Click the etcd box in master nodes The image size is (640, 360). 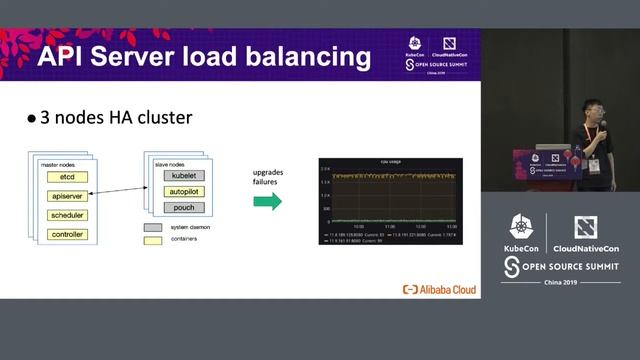click(67, 177)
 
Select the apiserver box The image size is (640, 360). click(67, 196)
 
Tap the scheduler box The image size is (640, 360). click(67, 215)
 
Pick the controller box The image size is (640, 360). click(67, 234)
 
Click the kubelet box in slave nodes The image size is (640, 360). click(183, 175)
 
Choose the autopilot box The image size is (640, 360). click(183, 191)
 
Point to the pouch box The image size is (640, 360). click(183, 208)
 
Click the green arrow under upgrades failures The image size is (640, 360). click(266, 202)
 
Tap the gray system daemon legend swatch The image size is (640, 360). click(152, 227)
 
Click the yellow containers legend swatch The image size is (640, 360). click(152, 240)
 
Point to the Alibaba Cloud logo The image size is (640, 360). click(439, 289)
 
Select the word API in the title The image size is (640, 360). click(65, 56)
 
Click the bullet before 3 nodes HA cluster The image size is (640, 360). click(31, 118)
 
